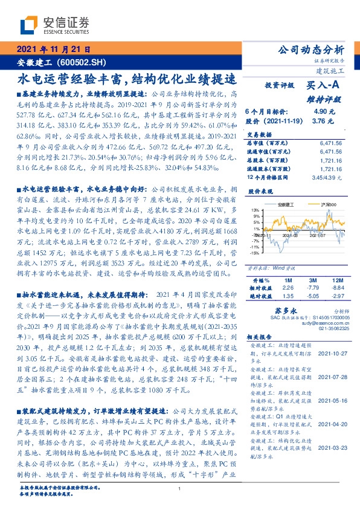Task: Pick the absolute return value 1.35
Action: (x=288, y=296)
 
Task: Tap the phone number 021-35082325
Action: (x=327, y=329)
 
